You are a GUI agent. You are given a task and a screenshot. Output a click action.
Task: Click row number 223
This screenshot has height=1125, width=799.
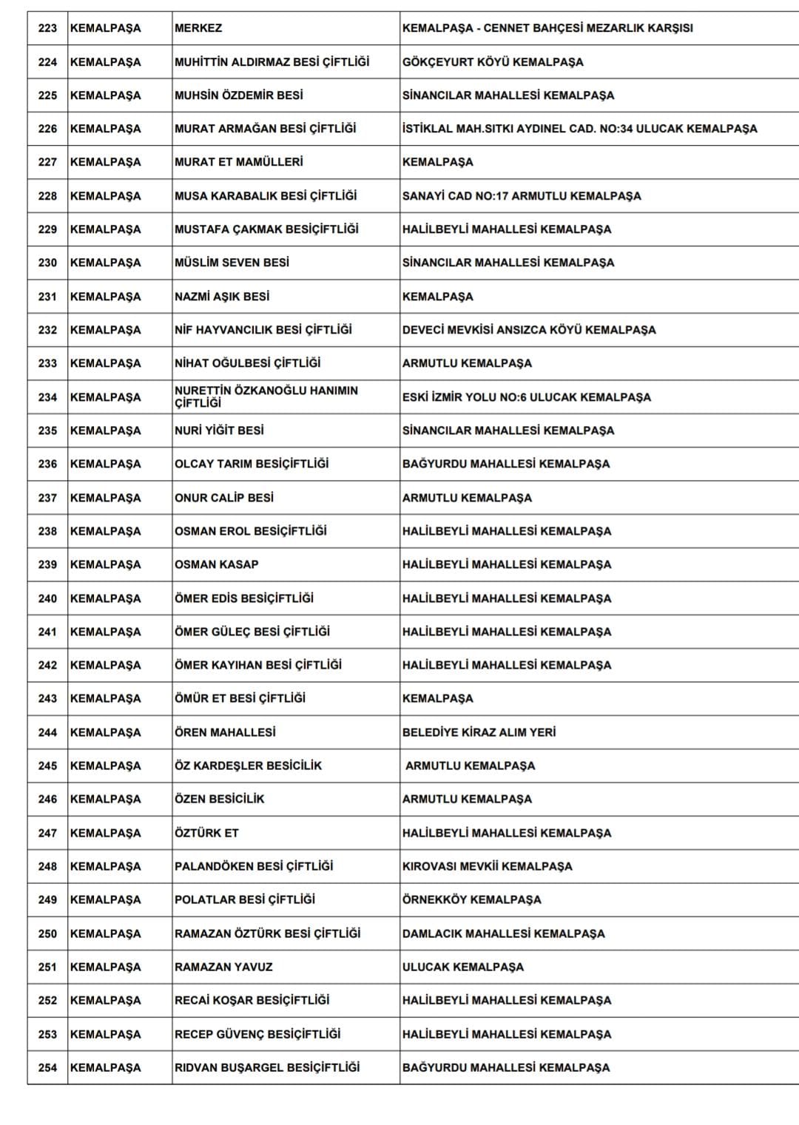pyautogui.click(x=47, y=28)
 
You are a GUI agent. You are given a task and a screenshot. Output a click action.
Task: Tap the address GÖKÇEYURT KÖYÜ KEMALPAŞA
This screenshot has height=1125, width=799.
pyautogui.click(x=493, y=62)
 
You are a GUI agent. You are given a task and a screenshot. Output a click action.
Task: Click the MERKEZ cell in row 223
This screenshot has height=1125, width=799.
pyautogui.click(x=198, y=28)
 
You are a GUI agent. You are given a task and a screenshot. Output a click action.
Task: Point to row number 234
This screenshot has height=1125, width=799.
pyautogui.click(x=47, y=397)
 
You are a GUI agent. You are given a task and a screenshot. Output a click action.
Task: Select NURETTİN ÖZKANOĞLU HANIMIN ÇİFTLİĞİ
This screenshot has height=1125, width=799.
pyautogui.click(x=266, y=396)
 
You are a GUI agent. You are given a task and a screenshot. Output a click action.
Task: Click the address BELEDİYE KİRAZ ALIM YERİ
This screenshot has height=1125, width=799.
pyautogui.click(x=479, y=732)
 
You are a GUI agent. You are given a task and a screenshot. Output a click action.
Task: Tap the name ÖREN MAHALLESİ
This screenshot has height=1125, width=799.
pyautogui.click(x=225, y=732)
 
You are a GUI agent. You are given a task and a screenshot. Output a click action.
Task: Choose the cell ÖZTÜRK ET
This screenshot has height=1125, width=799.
pyautogui.click(x=206, y=833)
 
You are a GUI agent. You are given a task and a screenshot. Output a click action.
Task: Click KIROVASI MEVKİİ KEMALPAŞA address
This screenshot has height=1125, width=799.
pyautogui.click(x=487, y=866)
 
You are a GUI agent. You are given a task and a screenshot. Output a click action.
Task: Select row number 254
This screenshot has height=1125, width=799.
pyautogui.click(x=47, y=1067)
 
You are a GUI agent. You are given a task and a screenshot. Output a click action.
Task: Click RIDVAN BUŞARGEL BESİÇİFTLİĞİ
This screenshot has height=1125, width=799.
pyautogui.click(x=267, y=1067)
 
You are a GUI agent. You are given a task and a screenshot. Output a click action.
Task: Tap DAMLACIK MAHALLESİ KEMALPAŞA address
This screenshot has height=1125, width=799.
pyautogui.click(x=503, y=933)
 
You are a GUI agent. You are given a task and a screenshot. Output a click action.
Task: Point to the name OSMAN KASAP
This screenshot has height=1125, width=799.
pyautogui.click(x=217, y=564)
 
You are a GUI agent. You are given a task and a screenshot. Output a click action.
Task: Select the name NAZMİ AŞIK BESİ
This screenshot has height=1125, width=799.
pyautogui.click(x=222, y=297)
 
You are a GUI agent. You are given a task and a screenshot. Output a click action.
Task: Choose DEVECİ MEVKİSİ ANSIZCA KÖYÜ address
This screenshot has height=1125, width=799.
pyautogui.click(x=529, y=330)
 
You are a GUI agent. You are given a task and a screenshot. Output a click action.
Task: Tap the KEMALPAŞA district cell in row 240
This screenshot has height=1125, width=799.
pyautogui.click(x=105, y=598)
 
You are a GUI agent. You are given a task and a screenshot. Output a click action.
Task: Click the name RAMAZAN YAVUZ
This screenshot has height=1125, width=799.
pyautogui.click(x=223, y=967)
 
